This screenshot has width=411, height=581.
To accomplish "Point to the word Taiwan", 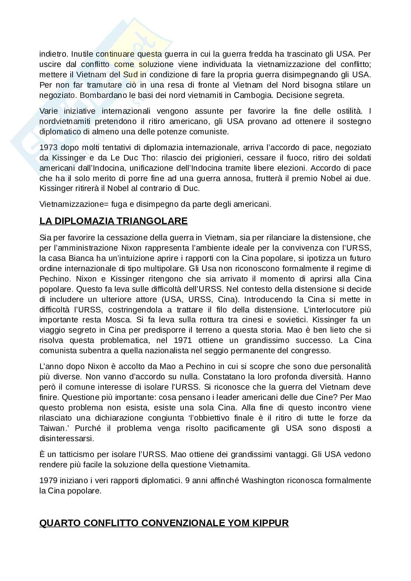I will pos(50,428).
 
